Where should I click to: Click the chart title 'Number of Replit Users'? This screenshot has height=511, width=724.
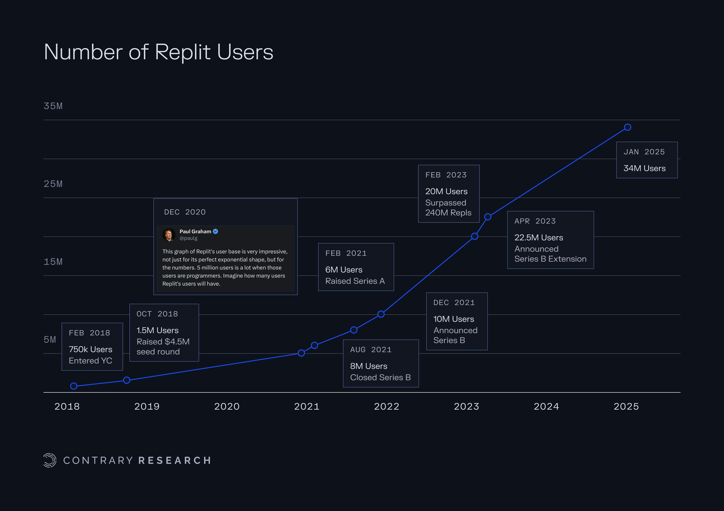pos(158,52)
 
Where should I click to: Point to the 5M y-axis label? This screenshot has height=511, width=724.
pos(50,339)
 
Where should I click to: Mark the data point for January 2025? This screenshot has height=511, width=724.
pos(628,127)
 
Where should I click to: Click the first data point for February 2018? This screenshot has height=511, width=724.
pos(74,386)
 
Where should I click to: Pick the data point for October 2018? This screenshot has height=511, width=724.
pos(126,380)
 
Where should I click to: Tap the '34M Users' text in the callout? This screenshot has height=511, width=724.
pos(645,168)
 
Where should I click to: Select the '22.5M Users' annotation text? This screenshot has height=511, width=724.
pos(538,238)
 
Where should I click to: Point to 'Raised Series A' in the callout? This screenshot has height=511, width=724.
pos(355,281)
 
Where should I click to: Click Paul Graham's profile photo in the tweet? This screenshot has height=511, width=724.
pos(169,235)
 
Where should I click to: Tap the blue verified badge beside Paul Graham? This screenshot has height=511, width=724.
pos(216,231)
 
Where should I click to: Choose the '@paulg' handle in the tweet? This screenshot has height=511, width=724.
pos(188,238)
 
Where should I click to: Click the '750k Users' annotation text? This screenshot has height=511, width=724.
pos(90,349)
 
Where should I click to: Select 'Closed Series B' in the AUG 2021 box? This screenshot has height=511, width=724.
pos(380,377)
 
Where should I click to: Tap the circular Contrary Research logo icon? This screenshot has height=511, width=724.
pos(50,460)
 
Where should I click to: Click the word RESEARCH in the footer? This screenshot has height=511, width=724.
pos(175,461)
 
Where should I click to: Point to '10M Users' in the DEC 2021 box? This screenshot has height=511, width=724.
pos(453,319)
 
